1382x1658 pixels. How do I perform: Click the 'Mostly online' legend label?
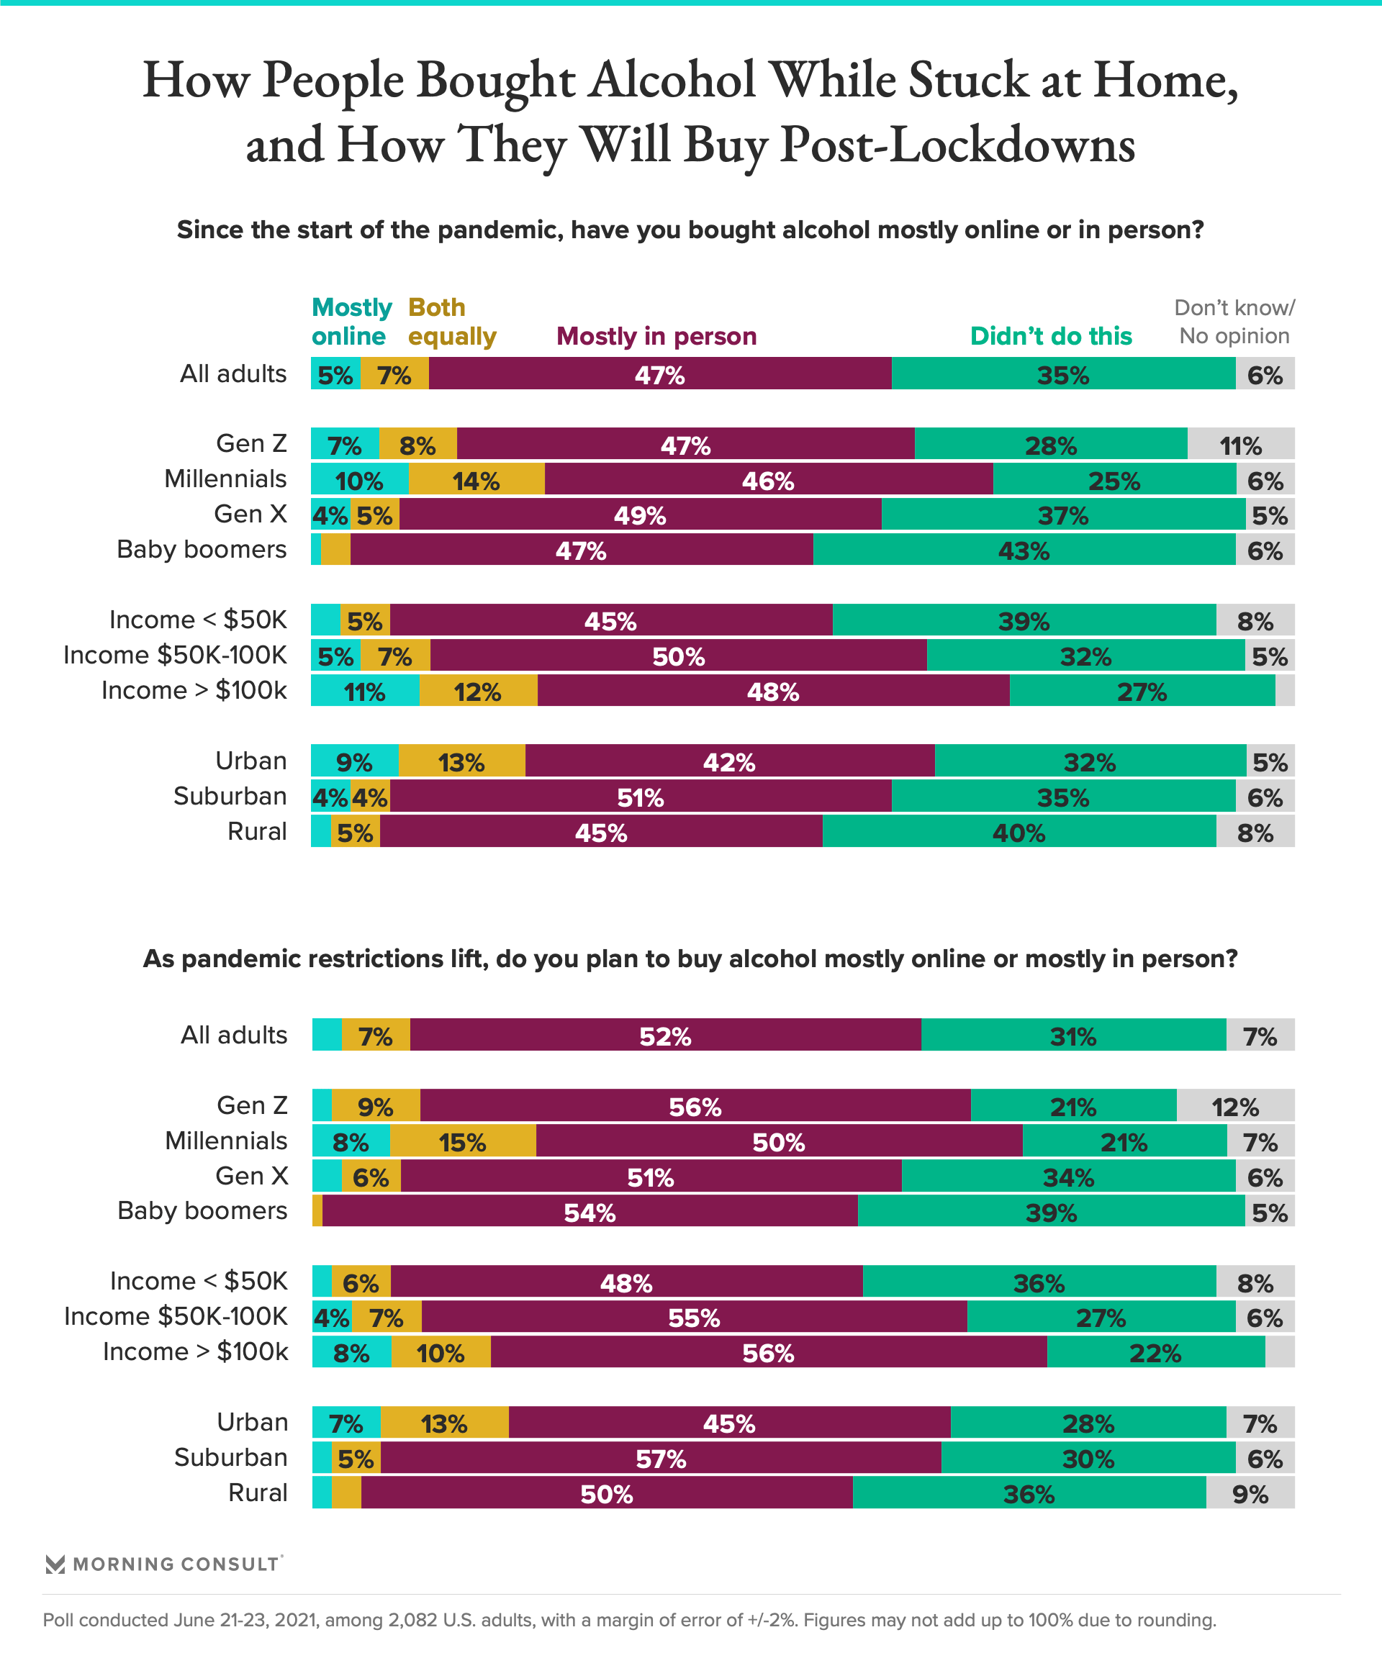pos(351,322)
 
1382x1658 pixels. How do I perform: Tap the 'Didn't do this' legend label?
pos(1050,335)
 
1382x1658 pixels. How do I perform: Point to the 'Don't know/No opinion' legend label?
pos(1234,322)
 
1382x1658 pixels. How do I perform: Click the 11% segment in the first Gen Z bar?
pos(1240,445)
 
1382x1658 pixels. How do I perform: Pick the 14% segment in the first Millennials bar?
pos(477,480)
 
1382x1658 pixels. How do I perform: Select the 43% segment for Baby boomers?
pos(1024,551)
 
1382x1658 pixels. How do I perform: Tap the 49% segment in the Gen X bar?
pos(640,515)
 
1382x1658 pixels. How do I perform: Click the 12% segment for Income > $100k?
pos(478,692)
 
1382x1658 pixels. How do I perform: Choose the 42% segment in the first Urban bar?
pos(729,762)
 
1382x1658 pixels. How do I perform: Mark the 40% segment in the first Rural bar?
pos(1019,832)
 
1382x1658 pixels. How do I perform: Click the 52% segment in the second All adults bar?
pos(665,1036)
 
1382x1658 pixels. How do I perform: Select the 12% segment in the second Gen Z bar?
pos(1235,1106)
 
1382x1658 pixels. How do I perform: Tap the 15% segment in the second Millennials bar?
pos(463,1141)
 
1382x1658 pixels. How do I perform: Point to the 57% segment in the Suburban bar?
pos(660,1458)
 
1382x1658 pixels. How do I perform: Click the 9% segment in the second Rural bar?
pos(1250,1494)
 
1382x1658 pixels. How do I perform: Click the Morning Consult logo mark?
pos(55,1564)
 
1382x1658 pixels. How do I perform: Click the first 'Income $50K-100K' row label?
pos(176,656)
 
